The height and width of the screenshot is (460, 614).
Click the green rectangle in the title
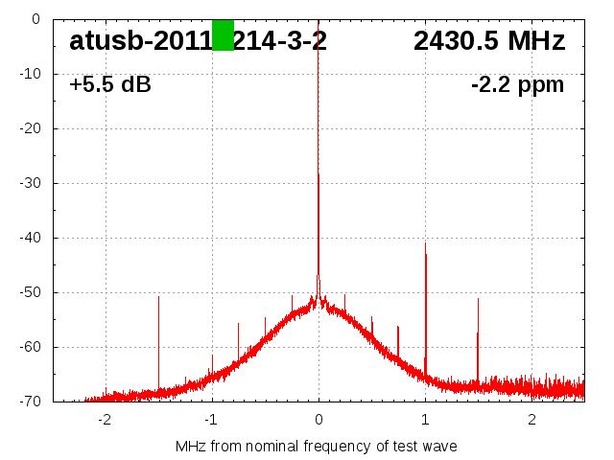pos(223,34)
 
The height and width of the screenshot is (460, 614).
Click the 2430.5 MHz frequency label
pos(489,41)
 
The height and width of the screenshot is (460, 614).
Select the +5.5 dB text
pos(110,84)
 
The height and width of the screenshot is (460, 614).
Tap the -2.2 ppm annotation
pos(517,84)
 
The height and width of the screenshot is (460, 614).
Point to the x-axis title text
pos(316,446)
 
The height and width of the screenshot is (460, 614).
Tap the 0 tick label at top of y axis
pos(35,19)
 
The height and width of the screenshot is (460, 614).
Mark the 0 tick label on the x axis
pos(319,419)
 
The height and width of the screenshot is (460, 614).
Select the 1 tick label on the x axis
pos(425,419)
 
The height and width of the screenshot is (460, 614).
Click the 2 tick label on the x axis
pos(531,419)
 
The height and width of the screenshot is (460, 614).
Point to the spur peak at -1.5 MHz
pos(159,297)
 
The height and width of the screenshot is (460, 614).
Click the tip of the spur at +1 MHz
pos(425,243)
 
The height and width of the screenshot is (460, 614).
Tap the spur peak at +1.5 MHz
pos(478,299)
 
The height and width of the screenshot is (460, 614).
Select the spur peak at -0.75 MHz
pos(239,324)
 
